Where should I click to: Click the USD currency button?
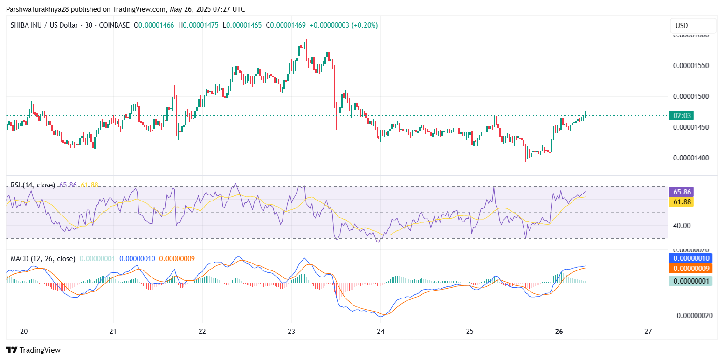pyautogui.click(x=693, y=26)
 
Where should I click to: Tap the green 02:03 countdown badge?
pyautogui.click(x=681, y=116)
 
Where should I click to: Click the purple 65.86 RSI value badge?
pyautogui.click(x=681, y=192)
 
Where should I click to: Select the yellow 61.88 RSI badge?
pyautogui.click(x=681, y=201)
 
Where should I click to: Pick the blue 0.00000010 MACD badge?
pyautogui.click(x=692, y=258)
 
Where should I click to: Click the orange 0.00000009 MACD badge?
pyautogui.click(x=692, y=268)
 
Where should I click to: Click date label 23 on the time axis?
pyautogui.click(x=291, y=332)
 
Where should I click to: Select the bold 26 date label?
pyautogui.click(x=559, y=332)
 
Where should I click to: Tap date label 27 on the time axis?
pyautogui.click(x=648, y=332)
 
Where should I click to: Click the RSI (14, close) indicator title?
pyautogui.click(x=33, y=185)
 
